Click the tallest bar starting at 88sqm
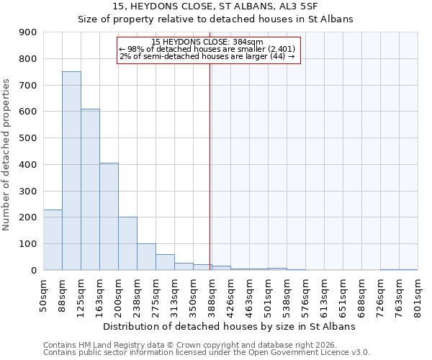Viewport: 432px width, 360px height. pos(71,171)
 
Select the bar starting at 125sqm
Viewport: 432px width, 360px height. pos(90,189)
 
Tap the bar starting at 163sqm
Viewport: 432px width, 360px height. pos(109,216)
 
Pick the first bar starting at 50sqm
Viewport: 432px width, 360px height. pos(53,240)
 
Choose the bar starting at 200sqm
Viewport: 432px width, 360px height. pos(127,243)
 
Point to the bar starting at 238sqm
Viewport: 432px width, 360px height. pos(146,256)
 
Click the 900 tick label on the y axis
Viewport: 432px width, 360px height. pos(27,32)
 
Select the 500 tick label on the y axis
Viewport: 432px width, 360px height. pos(27,138)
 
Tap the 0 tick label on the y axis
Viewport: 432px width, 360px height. pos(34,270)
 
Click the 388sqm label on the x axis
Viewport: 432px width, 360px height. pos(212,295)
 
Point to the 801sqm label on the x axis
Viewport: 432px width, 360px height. pos(418,295)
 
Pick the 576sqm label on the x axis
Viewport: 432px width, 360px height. pos(305,295)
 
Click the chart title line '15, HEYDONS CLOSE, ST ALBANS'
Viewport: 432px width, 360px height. pos(215,7)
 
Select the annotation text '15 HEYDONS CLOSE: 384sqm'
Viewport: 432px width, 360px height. pos(207,42)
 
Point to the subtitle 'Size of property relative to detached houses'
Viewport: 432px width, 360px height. pos(215,19)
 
